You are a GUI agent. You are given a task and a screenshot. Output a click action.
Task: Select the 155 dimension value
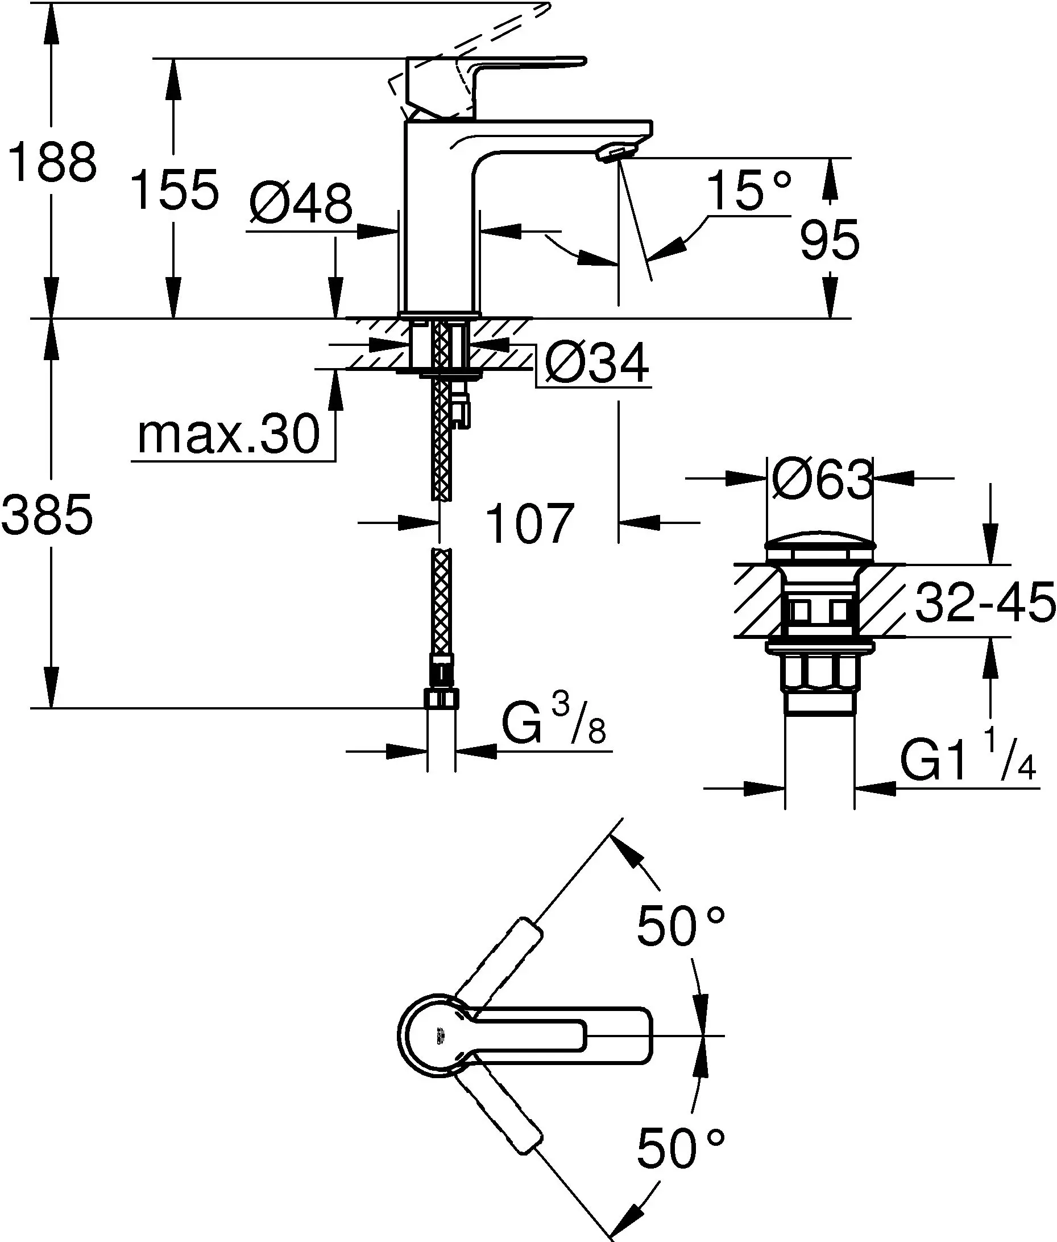point(175,191)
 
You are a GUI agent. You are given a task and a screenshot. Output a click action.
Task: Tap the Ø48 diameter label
point(301,204)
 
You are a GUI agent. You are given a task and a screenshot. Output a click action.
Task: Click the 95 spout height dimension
point(830,240)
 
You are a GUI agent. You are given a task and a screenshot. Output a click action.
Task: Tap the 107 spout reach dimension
point(530,524)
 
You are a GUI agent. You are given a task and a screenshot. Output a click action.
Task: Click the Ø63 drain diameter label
point(822,480)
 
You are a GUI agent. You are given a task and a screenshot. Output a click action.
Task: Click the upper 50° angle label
point(681,926)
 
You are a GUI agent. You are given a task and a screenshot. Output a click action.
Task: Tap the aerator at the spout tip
point(612,154)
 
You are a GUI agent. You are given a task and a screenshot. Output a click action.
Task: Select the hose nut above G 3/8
point(442,699)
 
